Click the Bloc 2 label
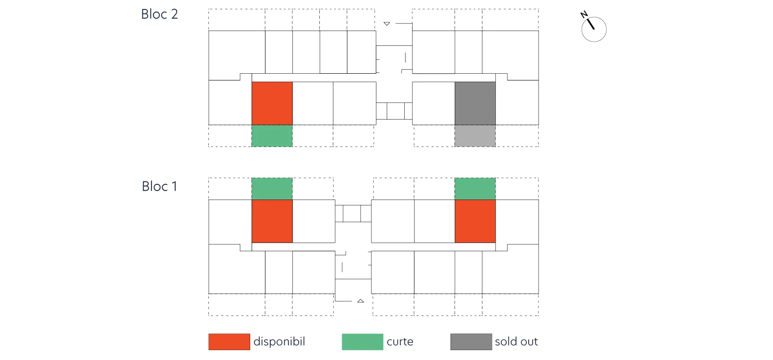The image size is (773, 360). tap(159, 14)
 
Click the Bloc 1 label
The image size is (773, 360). tap(159, 186)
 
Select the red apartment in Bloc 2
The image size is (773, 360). tap(272, 103)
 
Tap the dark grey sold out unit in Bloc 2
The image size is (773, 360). tap(475, 103)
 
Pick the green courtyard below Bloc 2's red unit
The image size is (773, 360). tap(272, 136)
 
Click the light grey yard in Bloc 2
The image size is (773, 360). tap(475, 136)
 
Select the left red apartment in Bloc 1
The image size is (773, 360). tap(272, 221)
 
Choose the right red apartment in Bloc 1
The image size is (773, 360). tap(475, 221)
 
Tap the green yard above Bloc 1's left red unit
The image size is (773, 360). tap(272, 189)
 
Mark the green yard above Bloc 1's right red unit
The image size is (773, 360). tap(475, 189)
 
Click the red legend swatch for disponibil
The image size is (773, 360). tap(229, 342)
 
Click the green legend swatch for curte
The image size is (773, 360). tap(362, 342)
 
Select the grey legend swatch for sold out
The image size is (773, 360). tap(471, 342)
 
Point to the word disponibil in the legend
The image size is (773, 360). tap(279, 342)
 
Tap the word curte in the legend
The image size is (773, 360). tap(400, 342)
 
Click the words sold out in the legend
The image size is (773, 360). tap(517, 342)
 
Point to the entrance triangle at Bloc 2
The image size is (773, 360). tap(387, 24)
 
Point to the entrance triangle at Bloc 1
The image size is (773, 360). tap(361, 301)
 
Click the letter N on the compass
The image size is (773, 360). tap(584, 14)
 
